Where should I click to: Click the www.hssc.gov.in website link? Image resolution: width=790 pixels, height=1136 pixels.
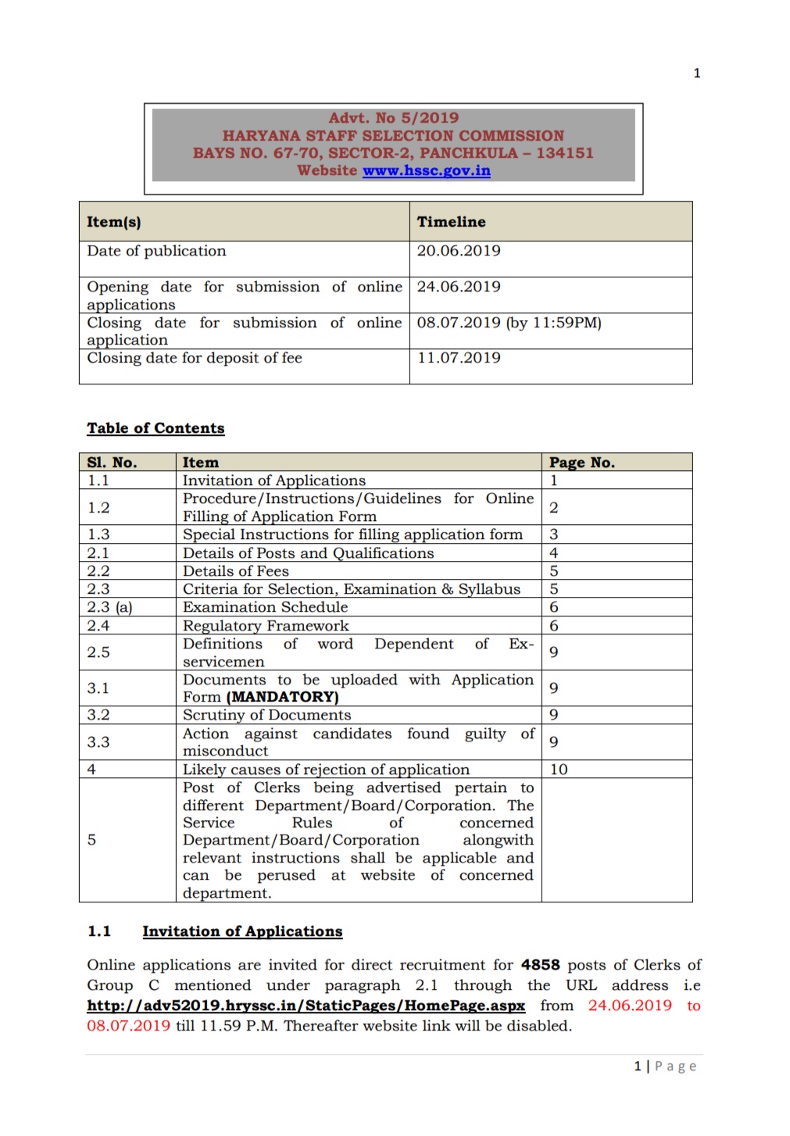click(x=426, y=171)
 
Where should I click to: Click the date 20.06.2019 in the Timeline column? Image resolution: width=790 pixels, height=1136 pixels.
click(x=459, y=251)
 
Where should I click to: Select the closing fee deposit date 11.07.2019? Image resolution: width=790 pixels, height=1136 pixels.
click(x=459, y=358)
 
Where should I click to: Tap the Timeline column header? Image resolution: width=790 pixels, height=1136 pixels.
click(x=451, y=222)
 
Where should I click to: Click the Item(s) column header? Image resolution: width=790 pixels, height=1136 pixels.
click(x=114, y=222)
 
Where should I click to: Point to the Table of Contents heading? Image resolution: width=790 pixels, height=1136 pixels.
click(x=155, y=428)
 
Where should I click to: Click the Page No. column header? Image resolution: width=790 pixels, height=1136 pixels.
click(x=581, y=463)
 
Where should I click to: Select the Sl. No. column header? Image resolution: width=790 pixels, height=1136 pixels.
click(x=112, y=463)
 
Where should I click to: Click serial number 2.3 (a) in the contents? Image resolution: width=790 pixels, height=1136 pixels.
click(x=109, y=607)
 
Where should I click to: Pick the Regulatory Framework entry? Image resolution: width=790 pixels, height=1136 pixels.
click(x=266, y=626)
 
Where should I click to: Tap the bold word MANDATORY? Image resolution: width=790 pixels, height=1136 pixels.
click(x=282, y=697)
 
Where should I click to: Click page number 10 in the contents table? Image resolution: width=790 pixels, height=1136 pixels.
click(x=559, y=770)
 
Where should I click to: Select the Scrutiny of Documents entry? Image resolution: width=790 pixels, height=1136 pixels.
click(x=266, y=715)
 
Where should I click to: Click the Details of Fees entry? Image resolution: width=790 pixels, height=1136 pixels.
click(x=235, y=571)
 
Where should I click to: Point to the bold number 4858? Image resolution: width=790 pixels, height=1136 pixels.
click(x=540, y=965)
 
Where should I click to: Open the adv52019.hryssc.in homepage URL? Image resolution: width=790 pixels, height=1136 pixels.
click(x=306, y=1006)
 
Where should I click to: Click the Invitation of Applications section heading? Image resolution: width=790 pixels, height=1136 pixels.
click(x=242, y=931)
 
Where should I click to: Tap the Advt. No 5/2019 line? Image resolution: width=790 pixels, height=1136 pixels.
click(x=393, y=118)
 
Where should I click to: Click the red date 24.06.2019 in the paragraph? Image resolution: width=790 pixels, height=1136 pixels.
click(x=630, y=1006)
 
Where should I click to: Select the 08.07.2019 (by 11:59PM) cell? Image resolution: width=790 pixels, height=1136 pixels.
click(x=509, y=323)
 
